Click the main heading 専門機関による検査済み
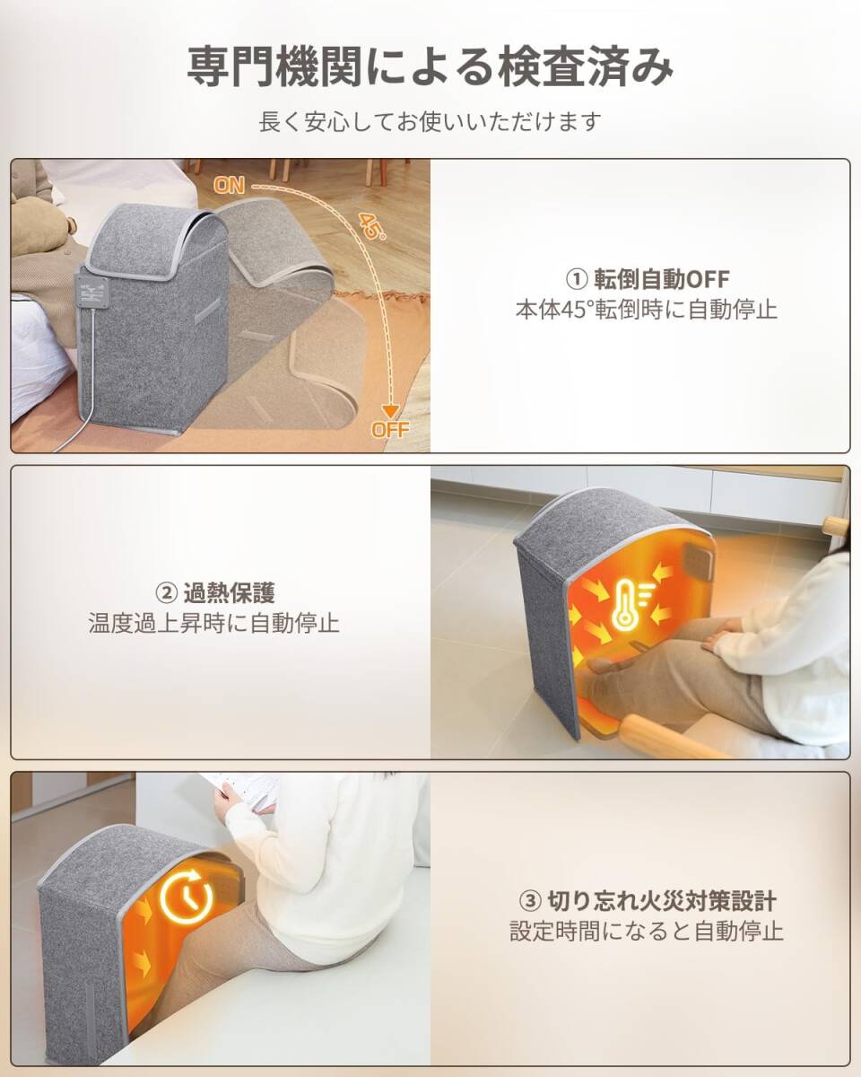click(x=430, y=68)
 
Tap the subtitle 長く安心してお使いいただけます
click(x=430, y=121)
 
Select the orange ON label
click(x=230, y=186)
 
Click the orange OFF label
click(x=390, y=429)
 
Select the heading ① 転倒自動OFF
click(x=646, y=279)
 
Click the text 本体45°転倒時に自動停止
click(x=646, y=310)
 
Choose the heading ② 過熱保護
click(x=215, y=592)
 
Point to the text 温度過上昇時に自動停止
click(x=215, y=623)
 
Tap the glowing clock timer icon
click(x=186, y=895)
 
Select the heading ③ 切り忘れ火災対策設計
click(x=646, y=899)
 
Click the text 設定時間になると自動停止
click(x=646, y=931)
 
